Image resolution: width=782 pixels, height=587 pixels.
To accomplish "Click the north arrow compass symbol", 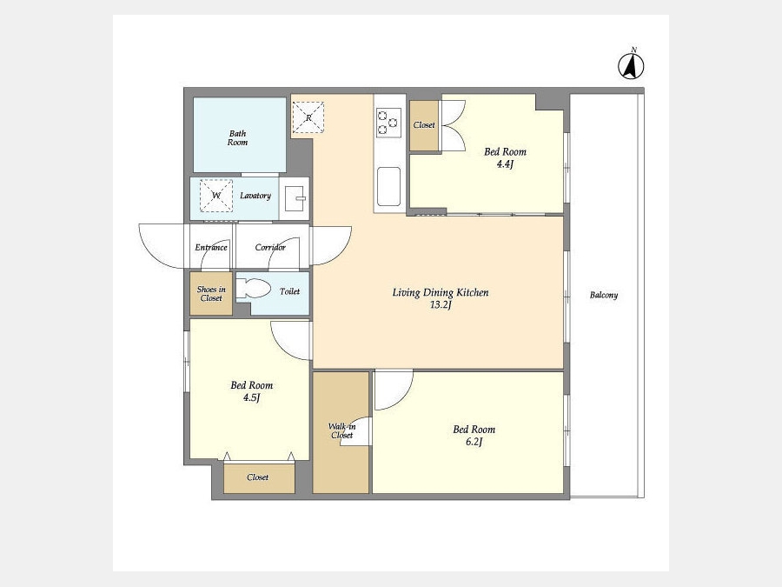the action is click(x=631, y=65).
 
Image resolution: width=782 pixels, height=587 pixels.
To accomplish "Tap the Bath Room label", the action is click(x=237, y=137).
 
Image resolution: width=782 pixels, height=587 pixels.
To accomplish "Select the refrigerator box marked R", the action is click(x=308, y=117).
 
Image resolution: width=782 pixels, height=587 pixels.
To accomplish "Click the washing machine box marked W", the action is click(x=216, y=195).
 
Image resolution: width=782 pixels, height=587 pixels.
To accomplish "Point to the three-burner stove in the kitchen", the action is click(x=388, y=123).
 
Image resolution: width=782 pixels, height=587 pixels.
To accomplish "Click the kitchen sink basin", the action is click(x=389, y=186).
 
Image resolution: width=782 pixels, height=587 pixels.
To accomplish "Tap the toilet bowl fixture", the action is click(x=254, y=289).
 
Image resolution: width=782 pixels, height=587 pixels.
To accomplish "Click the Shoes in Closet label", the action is click(x=211, y=294).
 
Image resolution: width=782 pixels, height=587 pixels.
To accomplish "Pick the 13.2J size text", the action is click(x=441, y=305).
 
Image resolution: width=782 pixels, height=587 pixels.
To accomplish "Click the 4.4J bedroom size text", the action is click(x=505, y=163).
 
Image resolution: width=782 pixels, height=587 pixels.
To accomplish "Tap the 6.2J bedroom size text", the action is click(x=474, y=441).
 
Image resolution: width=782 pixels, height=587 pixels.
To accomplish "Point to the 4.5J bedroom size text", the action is click(x=252, y=397).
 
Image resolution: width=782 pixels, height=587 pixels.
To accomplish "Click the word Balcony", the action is click(x=604, y=295).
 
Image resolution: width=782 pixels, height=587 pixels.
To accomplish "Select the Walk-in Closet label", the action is click(x=341, y=430).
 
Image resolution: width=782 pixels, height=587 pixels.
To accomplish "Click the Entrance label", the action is click(x=211, y=247).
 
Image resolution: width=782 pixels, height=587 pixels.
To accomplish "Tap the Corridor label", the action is click(x=270, y=247).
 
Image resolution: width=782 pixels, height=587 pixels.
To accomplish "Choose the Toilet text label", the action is click(x=289, y=291).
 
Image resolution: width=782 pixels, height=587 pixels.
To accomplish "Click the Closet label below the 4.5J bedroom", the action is click(x=258, y=477).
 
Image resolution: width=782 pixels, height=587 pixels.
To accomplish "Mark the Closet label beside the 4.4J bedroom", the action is click(x=424, y=124).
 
